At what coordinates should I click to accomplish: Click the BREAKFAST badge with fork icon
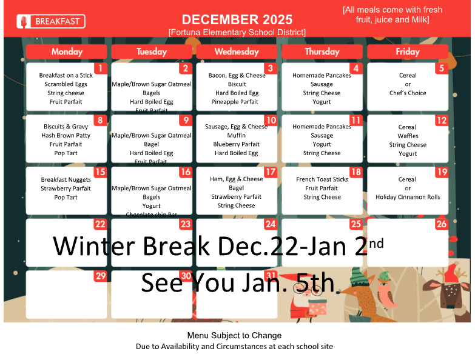point(51,22)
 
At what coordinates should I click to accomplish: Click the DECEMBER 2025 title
point(237,20)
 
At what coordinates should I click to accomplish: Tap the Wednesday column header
point(237,52)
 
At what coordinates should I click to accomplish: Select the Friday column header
point(407,52)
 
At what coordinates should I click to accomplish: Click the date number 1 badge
point(101,68)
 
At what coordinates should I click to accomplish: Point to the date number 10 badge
point(271,121)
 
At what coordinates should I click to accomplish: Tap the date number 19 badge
point(441,172)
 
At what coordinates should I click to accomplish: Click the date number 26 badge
point(441,224)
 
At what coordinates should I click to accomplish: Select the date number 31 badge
point(271,276)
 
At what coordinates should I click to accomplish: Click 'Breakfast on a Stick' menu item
point(66,76)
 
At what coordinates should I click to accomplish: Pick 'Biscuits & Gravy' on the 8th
point(66,127)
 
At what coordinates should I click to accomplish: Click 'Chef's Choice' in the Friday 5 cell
point(408,93)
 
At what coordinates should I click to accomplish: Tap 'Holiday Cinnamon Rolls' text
point(408,197)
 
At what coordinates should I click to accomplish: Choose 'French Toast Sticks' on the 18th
point(322,179)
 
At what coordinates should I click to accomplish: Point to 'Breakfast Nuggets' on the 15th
point(66,179)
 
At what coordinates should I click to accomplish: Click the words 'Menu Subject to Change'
point(234,335)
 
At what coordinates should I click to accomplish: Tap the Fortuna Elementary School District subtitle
point(237,32)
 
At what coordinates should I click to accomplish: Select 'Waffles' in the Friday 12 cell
point(408,136)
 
